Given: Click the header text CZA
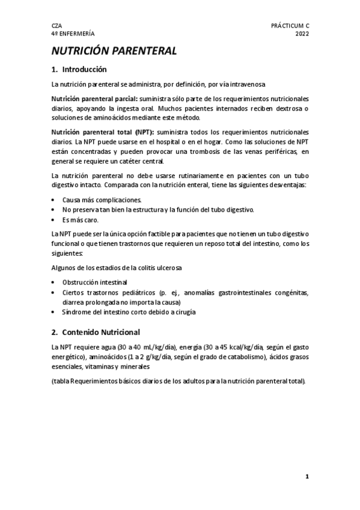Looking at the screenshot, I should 56,26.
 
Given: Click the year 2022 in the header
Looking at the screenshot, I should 302,34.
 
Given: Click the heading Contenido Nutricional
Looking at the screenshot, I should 101,332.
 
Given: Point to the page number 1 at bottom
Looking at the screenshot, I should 307,476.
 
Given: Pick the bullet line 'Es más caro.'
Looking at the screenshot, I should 80,220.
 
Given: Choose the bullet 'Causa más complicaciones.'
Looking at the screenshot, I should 102,199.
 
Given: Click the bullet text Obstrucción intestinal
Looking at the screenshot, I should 94,281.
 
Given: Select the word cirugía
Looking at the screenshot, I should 183,312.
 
